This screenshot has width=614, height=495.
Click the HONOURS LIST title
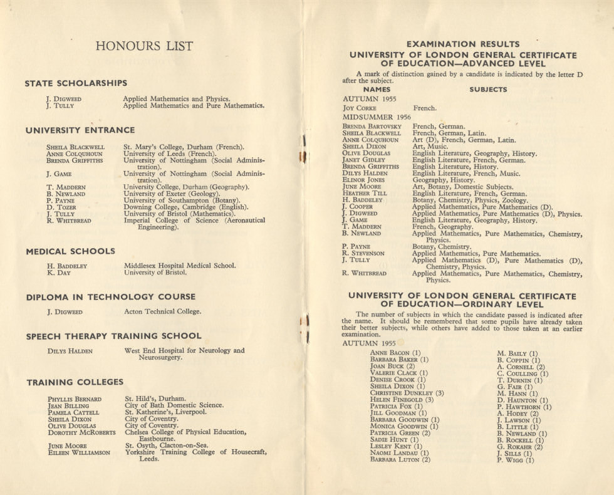point(144,46)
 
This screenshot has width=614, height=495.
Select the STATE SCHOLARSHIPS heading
point(76,83)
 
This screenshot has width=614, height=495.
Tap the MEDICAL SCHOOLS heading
point(70,251)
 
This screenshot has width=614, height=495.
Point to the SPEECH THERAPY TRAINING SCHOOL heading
point(113,336)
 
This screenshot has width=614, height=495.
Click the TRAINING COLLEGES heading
point(75,382)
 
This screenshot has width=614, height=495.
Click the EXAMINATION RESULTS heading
point(463,44)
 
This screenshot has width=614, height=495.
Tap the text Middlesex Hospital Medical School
point(180,266)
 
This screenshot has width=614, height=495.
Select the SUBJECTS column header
point(488,90)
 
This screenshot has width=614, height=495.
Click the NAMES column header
point(377,90)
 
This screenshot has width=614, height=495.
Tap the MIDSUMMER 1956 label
point(377,117)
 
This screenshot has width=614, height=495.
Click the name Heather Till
point(365,194)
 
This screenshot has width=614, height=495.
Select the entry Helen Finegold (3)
point(402,400)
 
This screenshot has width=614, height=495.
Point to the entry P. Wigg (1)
point(516,461)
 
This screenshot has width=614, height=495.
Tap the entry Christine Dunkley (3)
point(407,393)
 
